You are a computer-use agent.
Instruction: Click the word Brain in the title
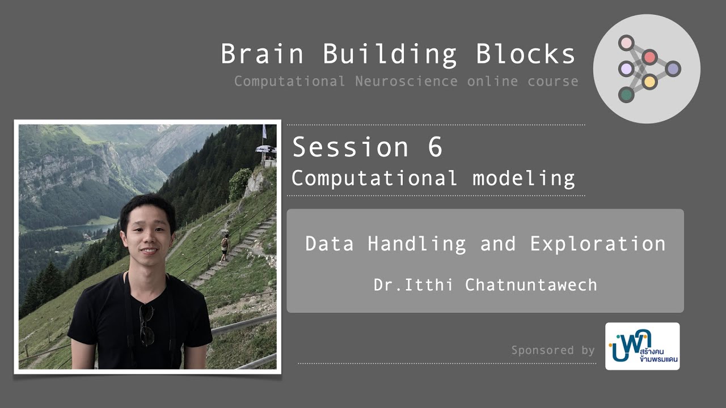pos(262,54)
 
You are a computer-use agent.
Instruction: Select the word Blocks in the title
pos(526,54)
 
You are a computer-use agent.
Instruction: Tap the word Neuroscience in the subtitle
pos(406,81)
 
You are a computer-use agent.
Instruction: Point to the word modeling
pos(524,178)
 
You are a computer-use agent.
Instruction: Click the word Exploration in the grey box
pos(598,244)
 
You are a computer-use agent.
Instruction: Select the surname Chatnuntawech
pos(531,284)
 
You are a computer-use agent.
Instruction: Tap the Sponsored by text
pos(552,350)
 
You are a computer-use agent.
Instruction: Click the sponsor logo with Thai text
pos(642,346)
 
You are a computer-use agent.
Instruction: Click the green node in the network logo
pos(626,95)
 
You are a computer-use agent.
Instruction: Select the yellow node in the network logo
pos(650,82)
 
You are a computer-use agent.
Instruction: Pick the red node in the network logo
pos(650,57)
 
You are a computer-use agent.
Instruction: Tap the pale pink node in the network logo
pos(626,42)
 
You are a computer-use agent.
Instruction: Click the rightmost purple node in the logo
pos(673,69)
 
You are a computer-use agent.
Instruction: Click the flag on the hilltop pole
pos(264,131)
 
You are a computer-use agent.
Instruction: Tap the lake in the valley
pos(91,228)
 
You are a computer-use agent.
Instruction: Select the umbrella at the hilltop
pos(264,149)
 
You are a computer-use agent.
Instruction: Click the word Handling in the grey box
pos(417,244)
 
